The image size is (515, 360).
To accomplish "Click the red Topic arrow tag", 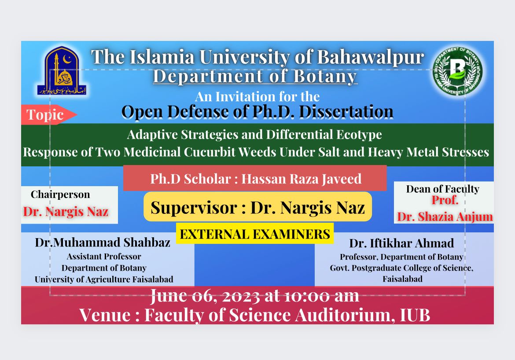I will coord(47,115).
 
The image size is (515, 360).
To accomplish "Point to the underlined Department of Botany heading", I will coord(255,77).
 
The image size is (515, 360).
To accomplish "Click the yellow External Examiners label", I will coord(255,234).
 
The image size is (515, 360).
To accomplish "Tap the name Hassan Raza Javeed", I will coord(302,179).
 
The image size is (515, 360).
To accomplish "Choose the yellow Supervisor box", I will coord(257,207).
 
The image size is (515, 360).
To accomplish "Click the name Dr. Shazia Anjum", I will coord(445,217).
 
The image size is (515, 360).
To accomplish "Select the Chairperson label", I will coord(60,195).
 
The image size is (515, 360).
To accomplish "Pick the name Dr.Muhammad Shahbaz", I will coord(103,242).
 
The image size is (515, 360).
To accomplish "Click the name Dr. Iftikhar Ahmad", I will coord(401,243).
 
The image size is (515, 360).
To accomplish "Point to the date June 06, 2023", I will coord(205,296).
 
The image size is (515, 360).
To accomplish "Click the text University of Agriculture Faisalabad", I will coord(104,279).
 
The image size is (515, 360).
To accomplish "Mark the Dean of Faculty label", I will coord(442,189).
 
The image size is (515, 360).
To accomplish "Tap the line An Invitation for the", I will coord(257,96).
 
